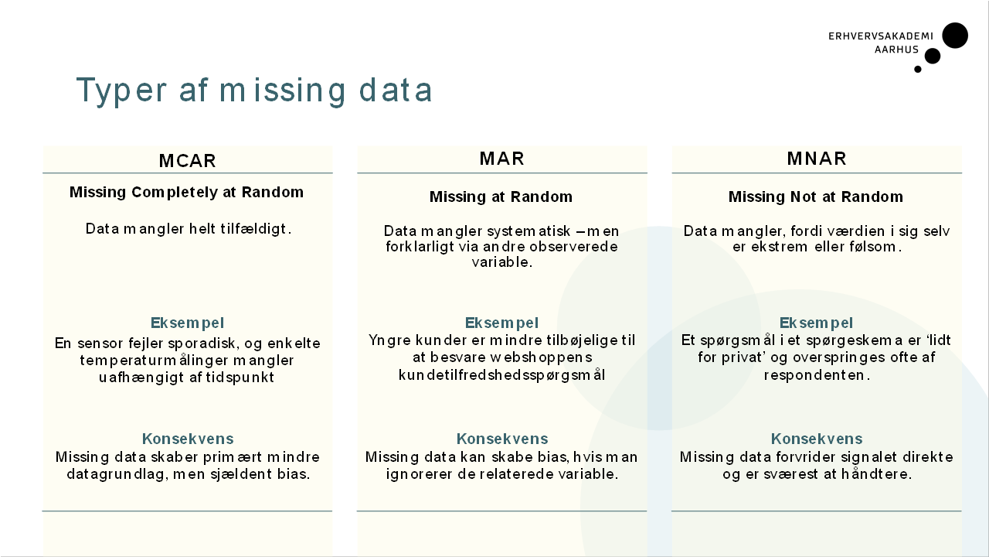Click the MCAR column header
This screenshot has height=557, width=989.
[187, 161]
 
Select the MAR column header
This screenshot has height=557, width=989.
[502, 159]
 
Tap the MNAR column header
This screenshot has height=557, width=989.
[817, 159]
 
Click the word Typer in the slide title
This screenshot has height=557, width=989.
[121, 91]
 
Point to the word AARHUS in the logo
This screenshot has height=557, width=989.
[896, 50]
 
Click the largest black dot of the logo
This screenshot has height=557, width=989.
[955, 36]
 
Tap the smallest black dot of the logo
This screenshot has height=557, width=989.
[917, 69]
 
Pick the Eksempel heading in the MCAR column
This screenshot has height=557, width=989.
[187, 323]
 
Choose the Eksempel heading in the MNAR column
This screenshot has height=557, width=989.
[816, 323]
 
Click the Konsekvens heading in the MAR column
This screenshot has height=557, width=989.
[502, 439]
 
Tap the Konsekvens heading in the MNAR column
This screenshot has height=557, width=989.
[817, 439]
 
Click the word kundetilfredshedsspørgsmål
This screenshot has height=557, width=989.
[501, 375]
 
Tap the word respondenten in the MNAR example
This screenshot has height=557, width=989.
[817, 375]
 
